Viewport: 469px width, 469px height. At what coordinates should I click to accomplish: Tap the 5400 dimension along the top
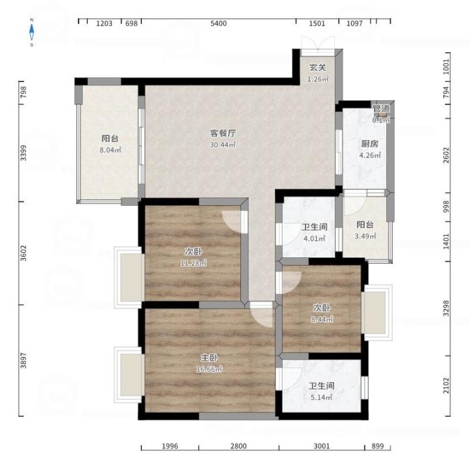tap(218, 23)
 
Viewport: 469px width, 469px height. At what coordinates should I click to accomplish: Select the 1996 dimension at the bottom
tap(170, 446)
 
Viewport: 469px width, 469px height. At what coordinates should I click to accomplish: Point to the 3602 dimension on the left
tap(23, 253)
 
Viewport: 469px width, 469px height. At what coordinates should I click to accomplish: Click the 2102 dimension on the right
tap(446, 386)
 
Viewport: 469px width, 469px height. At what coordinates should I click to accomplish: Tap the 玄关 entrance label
tap(317, 68)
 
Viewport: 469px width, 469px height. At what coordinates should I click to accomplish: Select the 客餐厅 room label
tap(223, 133)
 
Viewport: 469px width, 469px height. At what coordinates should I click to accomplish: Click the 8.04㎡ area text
tap(110, 150)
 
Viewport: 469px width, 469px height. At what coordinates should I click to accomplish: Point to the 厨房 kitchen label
tap(370, 144)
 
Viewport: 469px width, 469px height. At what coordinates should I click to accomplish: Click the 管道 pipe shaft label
tap(381, 109)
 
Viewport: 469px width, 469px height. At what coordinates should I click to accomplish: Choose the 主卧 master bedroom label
tap(209, 358)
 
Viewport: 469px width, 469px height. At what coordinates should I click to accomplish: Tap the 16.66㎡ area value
tap(209, 369)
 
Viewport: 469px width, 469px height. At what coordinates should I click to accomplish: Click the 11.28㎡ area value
tap(193, 263)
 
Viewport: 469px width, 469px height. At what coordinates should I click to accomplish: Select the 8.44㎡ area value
tap(322, 319)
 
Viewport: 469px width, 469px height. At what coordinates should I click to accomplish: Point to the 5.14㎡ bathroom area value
tap(322, 397)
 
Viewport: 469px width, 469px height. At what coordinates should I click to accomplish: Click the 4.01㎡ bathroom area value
tap(315, 238)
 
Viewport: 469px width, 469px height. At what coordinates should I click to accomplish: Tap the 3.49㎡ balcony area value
tap(365, 236)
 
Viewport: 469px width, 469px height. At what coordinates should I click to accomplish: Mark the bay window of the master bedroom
tap(128, 375)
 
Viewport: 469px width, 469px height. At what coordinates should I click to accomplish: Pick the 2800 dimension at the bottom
tap(238, 446)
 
